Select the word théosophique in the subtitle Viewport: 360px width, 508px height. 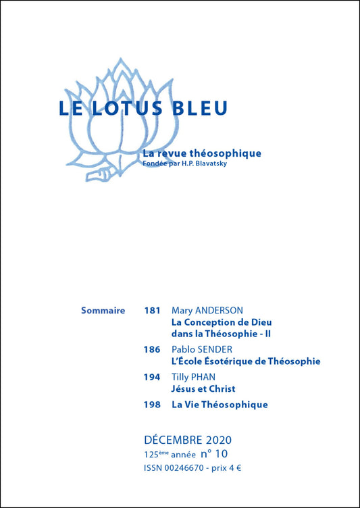227,153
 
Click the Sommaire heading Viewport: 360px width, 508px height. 103,311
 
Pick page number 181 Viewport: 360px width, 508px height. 152,311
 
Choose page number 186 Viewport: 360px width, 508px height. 152,350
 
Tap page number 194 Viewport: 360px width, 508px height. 152,378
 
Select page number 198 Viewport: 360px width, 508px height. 152,405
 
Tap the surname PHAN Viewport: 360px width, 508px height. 208,378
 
